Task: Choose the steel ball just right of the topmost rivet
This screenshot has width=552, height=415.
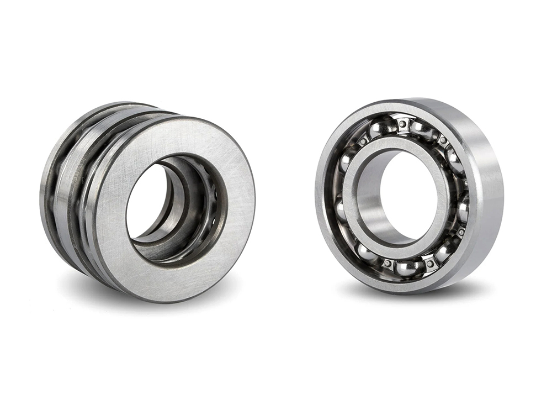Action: [423, 129]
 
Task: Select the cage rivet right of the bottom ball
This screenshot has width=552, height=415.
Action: [429, 264]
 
